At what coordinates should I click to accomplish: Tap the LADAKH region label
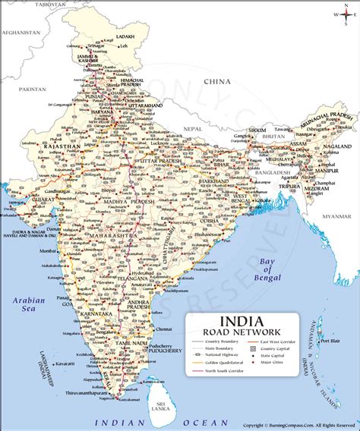click(x=125, y=36)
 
